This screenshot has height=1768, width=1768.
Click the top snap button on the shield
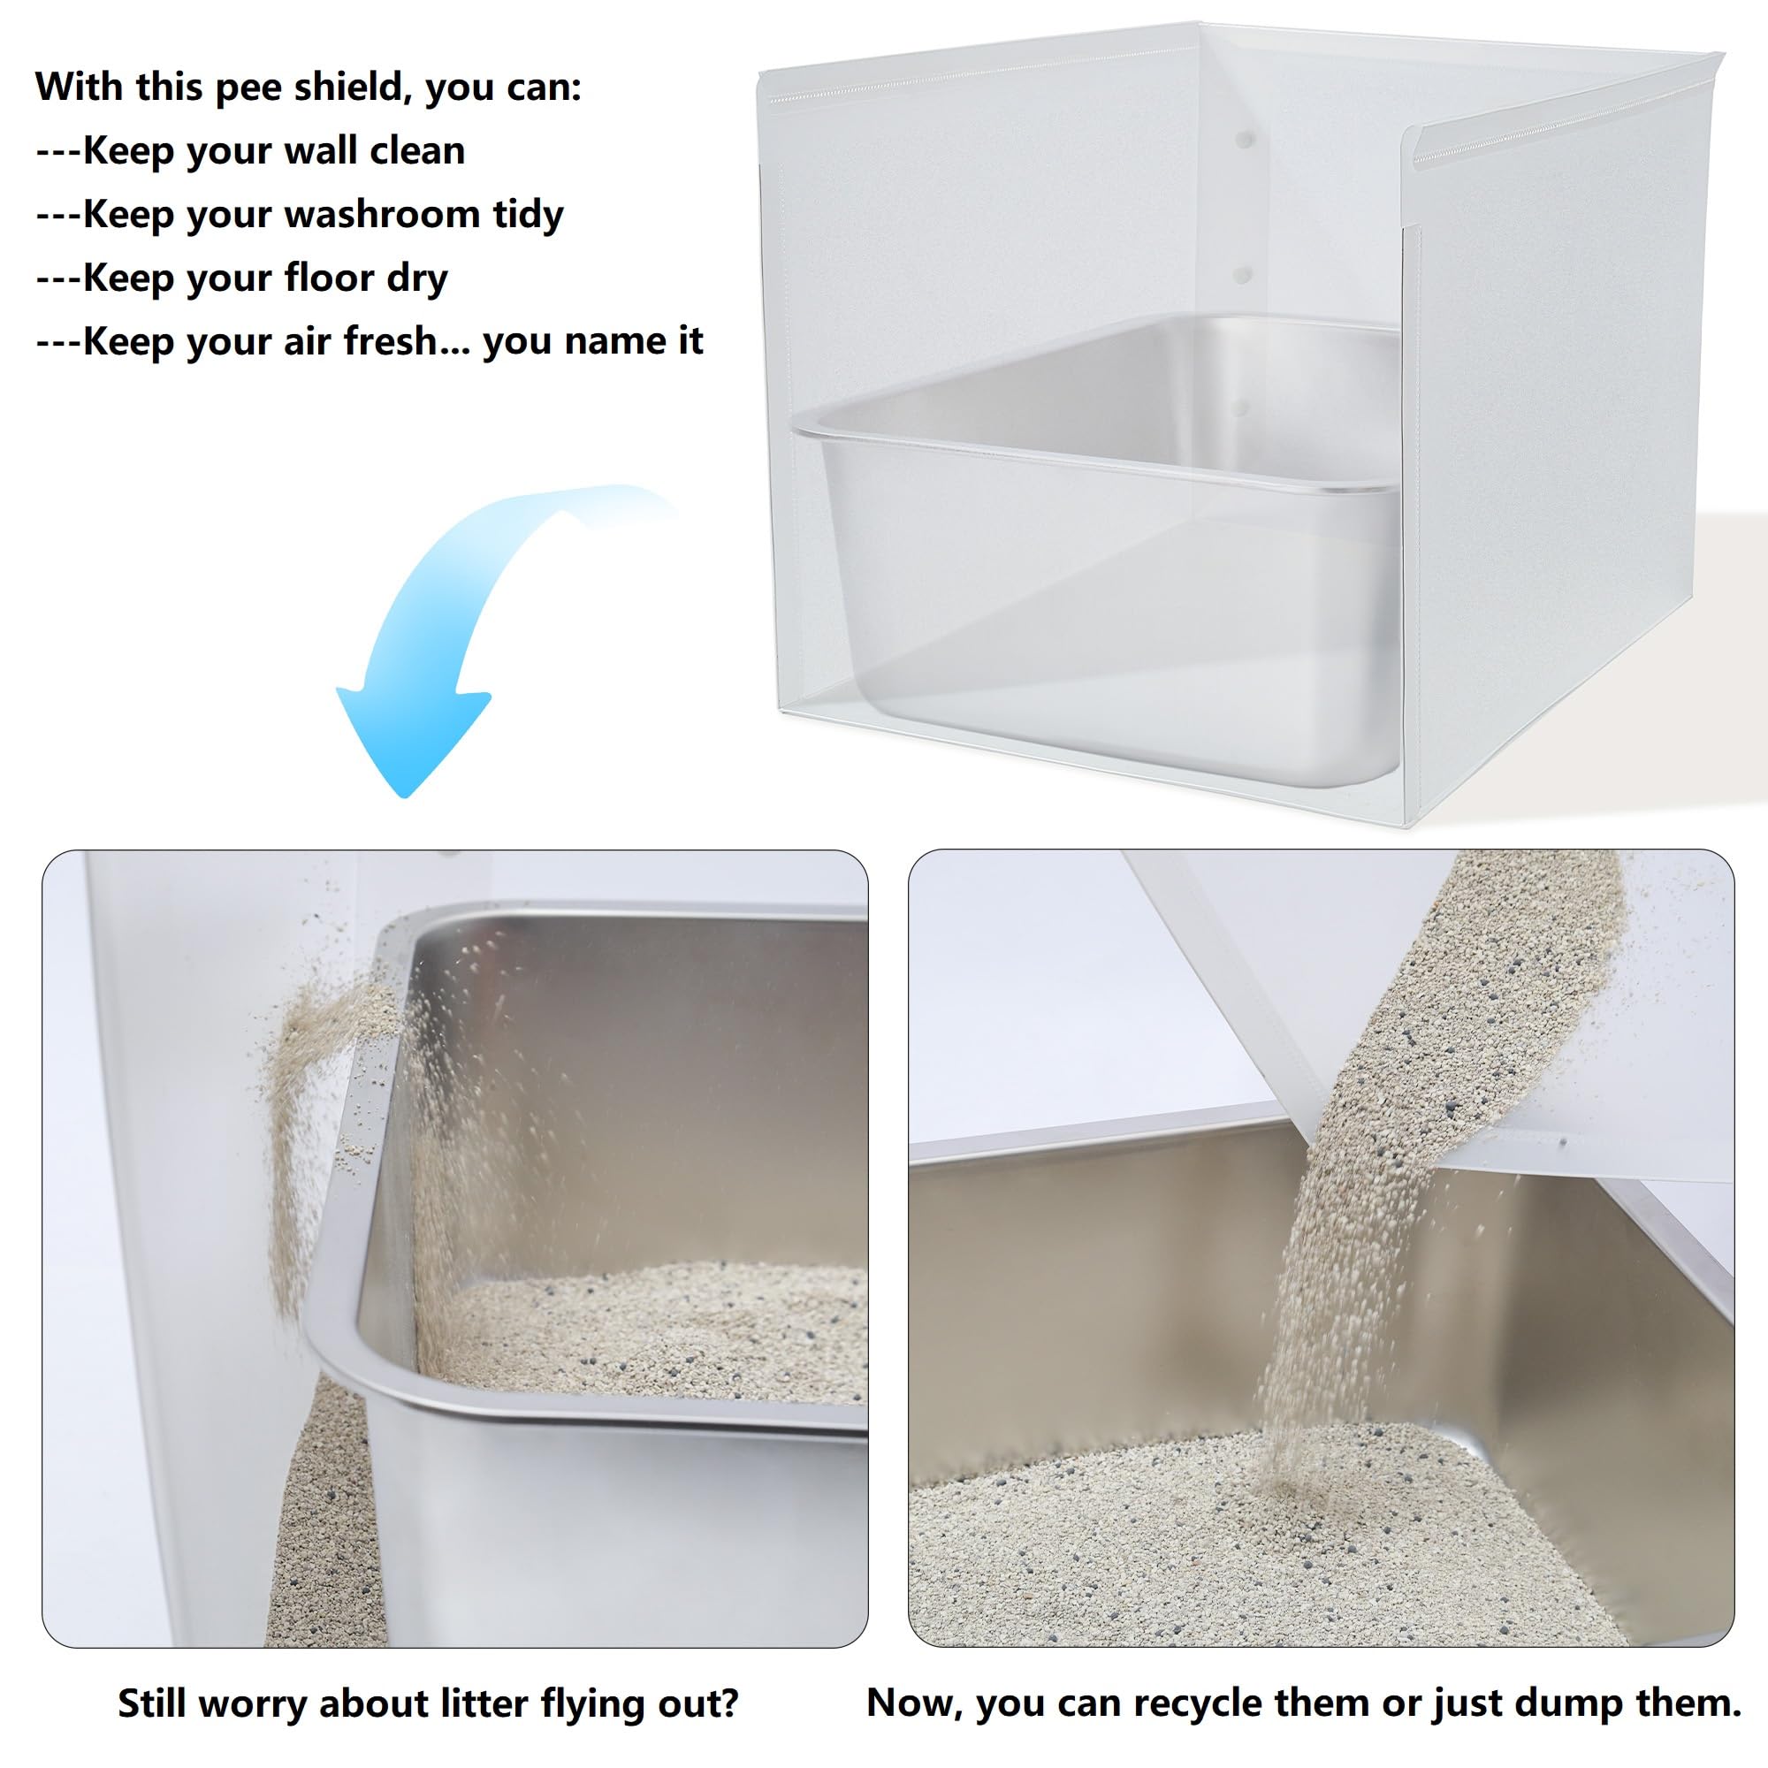pos(1243,139)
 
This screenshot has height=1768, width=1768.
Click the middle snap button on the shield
pos(1242,274)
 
